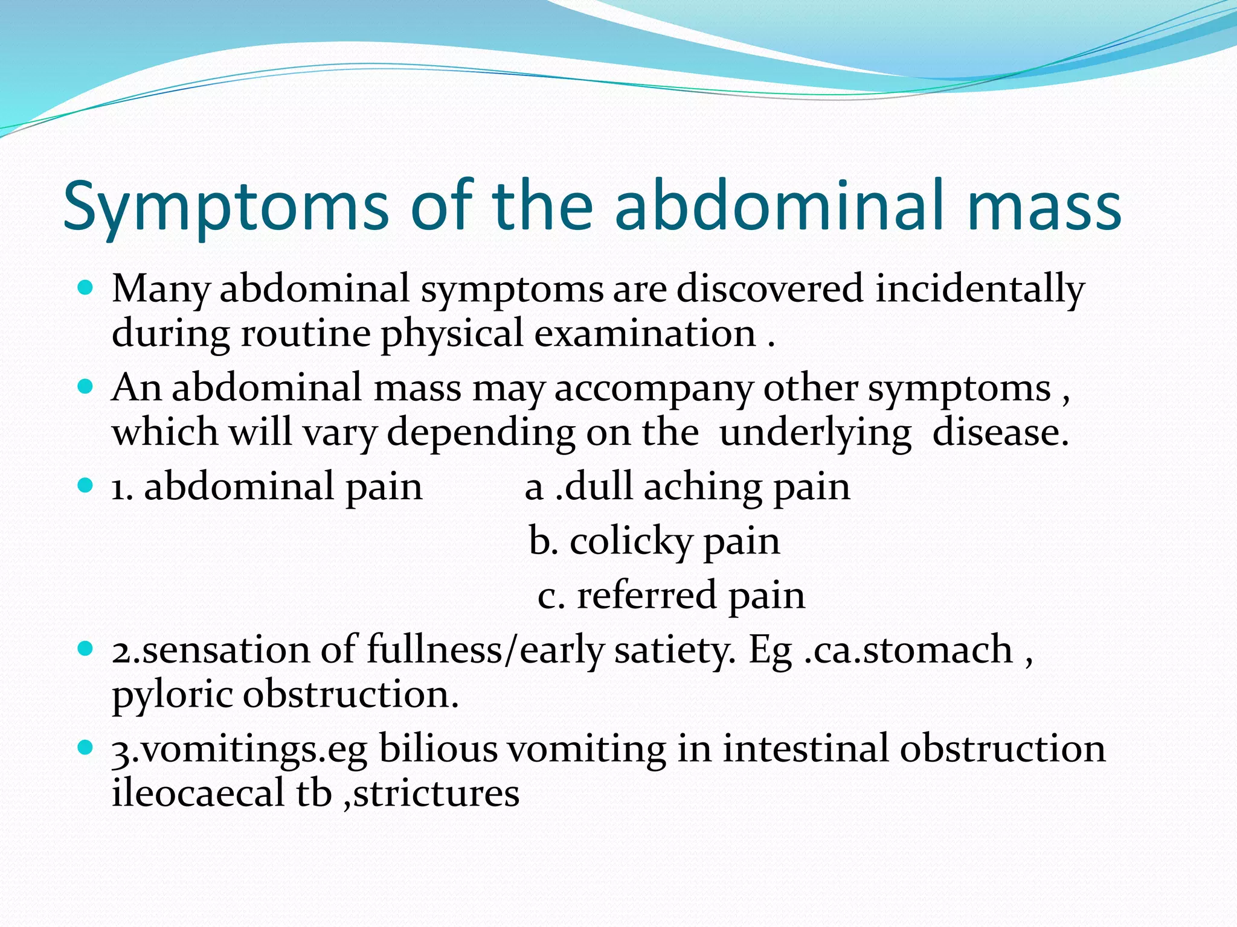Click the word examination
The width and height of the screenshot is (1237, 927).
(x=645, y=334)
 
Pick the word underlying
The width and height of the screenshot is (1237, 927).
(x=815, y=433)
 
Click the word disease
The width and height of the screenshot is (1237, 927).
(x=1000, y=433)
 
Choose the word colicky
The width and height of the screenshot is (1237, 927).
(x=631, y=541)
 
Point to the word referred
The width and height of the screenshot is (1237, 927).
(x=646, y=595)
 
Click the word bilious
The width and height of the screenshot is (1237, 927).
(x=438, y=749)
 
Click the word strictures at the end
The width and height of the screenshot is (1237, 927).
(x=436, y=793)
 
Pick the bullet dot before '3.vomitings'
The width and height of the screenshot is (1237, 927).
(x=86, y=747)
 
